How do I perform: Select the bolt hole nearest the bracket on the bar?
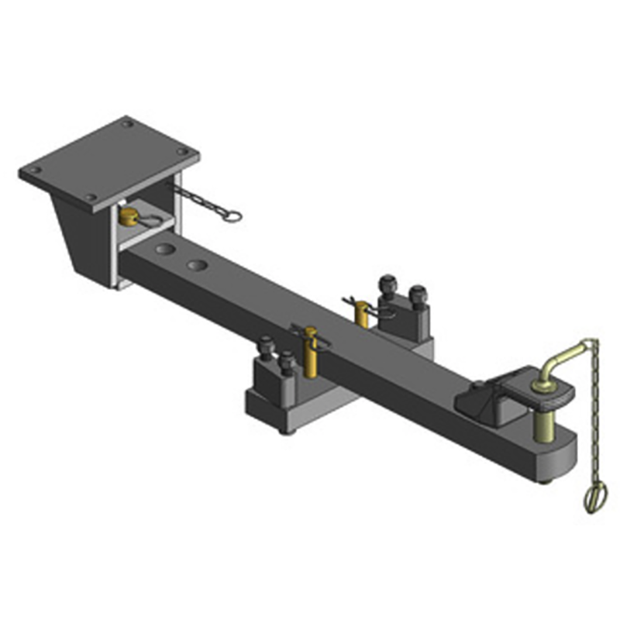pyautogui.click(x=164, y=251)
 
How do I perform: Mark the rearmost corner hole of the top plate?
pyautogui.click(x=127, y=124)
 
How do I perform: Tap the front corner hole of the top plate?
pyautogui.click(x=91, y=198)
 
